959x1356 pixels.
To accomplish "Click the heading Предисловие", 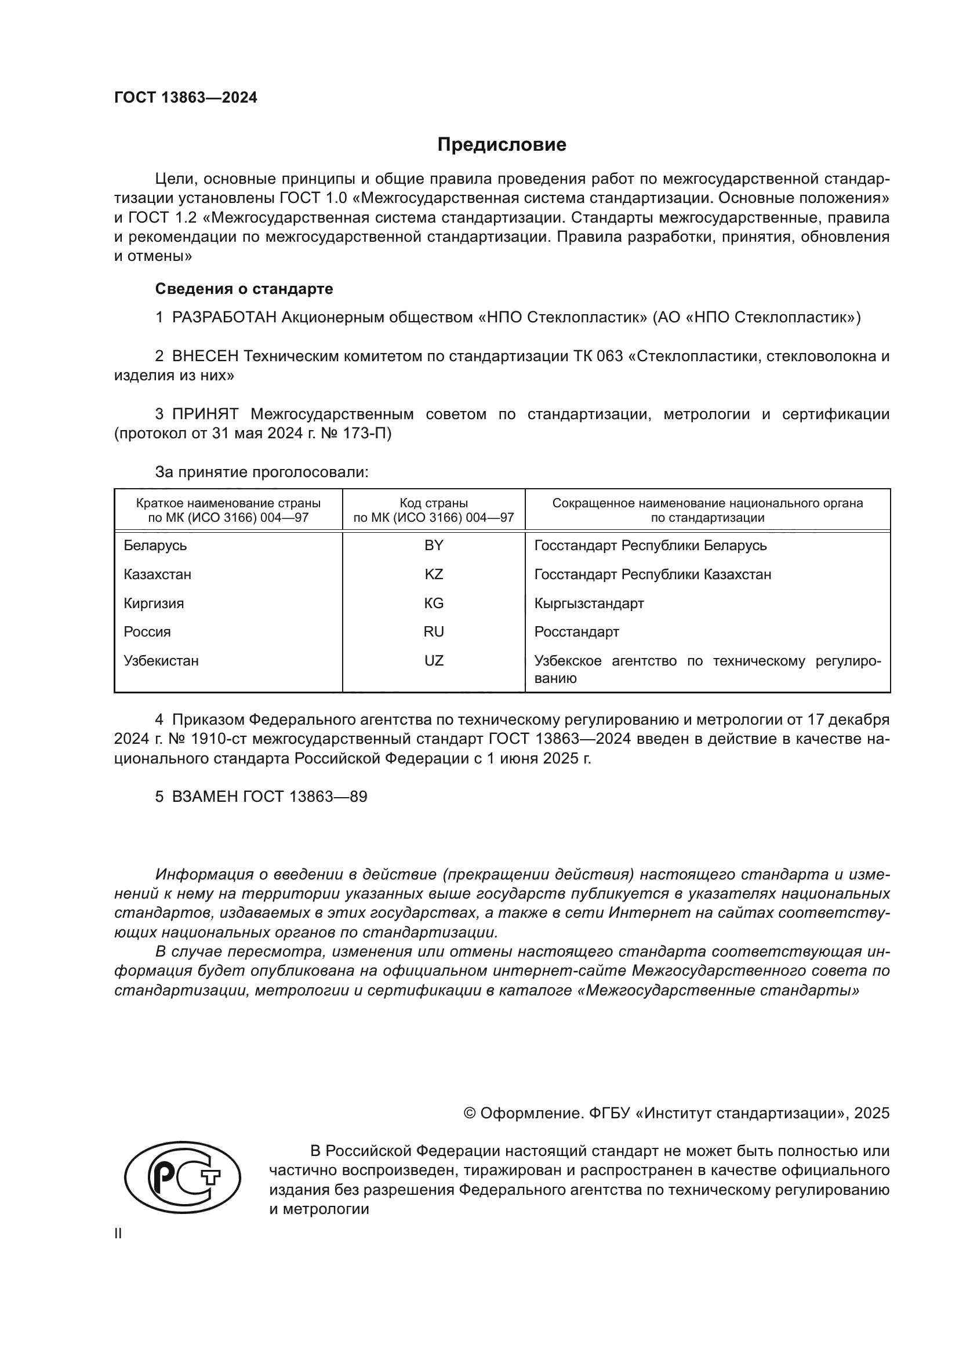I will pyautogui.click(x=502, y=145).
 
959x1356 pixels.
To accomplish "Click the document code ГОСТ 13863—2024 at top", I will pyautogui.click(x=186, y=98).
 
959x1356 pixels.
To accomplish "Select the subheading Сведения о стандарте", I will pyautogui.click(x=244, y=289).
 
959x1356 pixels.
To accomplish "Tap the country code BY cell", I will pyautogui.click(x=434, y=546).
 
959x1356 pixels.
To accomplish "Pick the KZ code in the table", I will pyautogui.click(x=434, y=575).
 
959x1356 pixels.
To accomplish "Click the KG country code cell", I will pyautogui.click(x=434, y=604).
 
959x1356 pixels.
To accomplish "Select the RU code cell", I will pyautogui.click(x=434, y=632).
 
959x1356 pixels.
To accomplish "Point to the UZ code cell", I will pyautogui.click(x=434, y=661).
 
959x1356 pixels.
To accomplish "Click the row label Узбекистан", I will pyautogui.click(x=161, y=661).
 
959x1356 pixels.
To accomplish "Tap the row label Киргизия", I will pyautogui.click(x=154, y=604).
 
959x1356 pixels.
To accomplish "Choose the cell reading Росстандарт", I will pyautogui.click(x=576, y=632).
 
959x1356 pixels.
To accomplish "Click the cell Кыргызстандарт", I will pyautogui.click(x=589, y=604).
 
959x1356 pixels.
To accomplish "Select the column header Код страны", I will pyautogui.click(x=434, y=503).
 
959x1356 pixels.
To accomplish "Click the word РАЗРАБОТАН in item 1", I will pyautogui.click(x=224, y=318).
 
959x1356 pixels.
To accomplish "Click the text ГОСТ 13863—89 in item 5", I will pyautogui.click(x=306, y=797).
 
